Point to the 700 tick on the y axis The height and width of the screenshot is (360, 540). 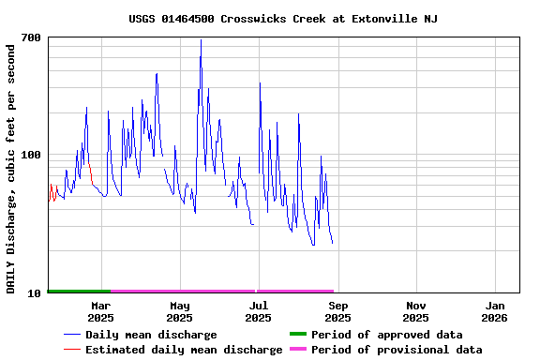(x=31, y=37)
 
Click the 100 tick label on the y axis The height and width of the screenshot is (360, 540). (x=31, y=155)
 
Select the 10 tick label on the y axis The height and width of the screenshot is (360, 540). (x=35, y=293)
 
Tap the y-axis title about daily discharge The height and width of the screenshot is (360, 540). (x=11, y=168)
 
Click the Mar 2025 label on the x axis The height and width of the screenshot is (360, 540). (x=100, y=311)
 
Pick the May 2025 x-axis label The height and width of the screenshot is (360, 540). (x=179, y=311)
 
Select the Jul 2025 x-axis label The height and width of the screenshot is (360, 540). (x=259, y=311)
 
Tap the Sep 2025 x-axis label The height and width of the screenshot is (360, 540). (x=337, y=311)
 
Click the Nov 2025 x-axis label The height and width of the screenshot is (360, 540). (x=416, y=311)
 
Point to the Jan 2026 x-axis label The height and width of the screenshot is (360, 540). (x=496, y=311)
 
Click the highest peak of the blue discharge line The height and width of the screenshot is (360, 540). (x=201, y=40)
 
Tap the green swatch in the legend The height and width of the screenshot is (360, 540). (x=298, y=335)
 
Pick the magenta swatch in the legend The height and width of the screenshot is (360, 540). (x=298, y=350)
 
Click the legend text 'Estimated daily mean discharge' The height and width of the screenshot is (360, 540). (x=184, y=350)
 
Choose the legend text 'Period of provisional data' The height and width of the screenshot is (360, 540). (x=397, y=350)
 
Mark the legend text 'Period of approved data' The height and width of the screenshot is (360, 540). (x=387, y=335)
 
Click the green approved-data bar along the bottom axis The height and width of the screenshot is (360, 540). (x=79, y=292)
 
